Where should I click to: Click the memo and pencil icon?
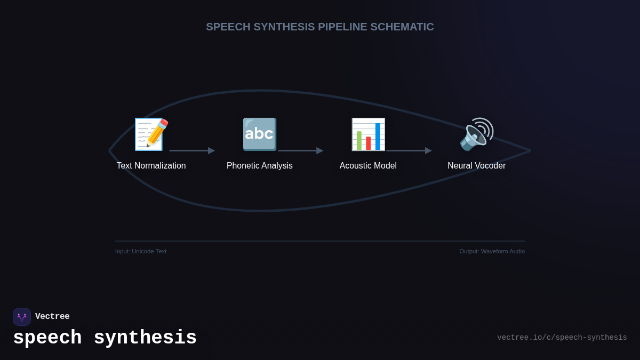(x=151, y=134)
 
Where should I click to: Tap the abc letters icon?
(x=260, y=134)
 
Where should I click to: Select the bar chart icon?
(x=368, y=134)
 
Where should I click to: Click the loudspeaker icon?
(x=476, y=134)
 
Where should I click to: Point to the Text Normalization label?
(x=151, y=166)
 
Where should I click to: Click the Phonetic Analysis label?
(x=260, y=166)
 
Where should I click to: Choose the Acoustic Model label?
(x=368, y=166)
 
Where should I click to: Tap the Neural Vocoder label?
(x=476, y=166)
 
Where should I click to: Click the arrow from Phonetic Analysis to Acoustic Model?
(x=300, y=151)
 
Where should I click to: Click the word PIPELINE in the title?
(x=342, y=27)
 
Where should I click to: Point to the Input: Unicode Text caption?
(x=141, y=251)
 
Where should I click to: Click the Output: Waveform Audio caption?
(x=492, y=251)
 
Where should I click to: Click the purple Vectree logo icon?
(x=22, y=317)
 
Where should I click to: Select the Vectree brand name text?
(x=52, y=317)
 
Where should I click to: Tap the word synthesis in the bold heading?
(x=145, y=338)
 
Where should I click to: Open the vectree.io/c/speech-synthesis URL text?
(x=562, y=338)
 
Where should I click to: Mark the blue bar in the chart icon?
(x=378, y=137)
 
